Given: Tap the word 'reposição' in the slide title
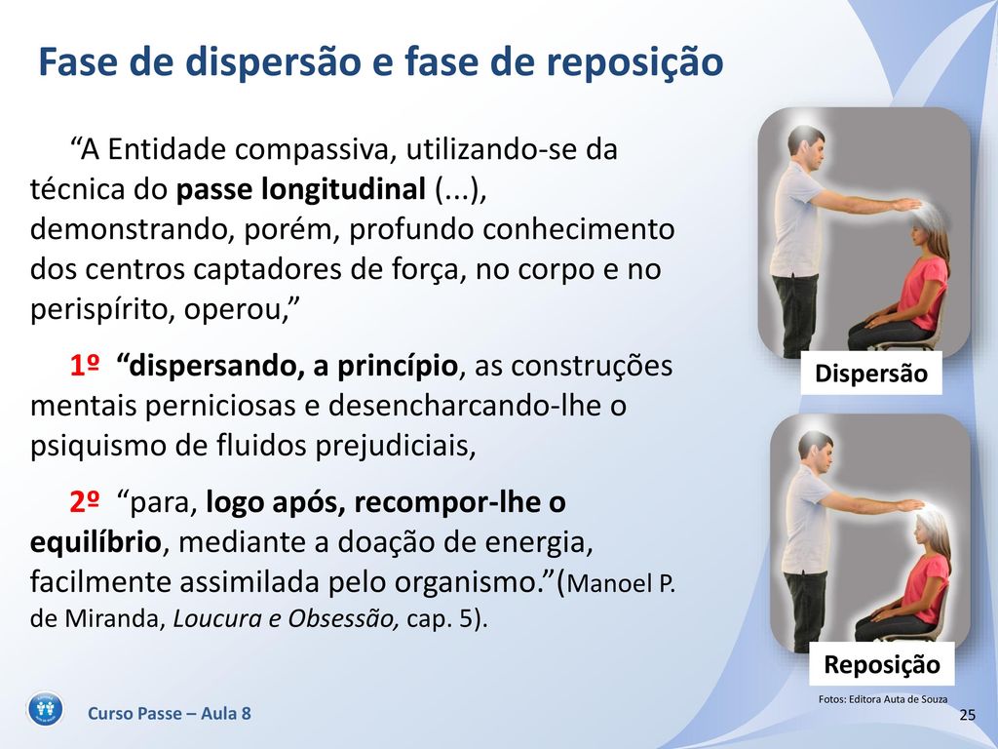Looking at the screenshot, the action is (634, 63).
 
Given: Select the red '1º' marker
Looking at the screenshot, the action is (85, 366).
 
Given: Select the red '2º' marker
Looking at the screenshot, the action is (85, 502).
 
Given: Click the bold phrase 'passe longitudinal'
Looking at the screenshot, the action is (300, 189).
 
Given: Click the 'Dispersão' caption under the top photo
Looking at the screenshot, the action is (871, 374).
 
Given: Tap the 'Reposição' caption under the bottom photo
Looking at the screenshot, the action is (881, 664).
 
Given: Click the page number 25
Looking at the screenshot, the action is (968, 715).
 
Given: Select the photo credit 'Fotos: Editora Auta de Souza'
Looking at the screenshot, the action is (883, 699).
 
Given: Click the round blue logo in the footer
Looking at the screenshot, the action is (46, 709).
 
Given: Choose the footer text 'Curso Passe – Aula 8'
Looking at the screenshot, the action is (170, 713).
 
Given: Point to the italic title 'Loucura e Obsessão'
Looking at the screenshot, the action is (287, 618).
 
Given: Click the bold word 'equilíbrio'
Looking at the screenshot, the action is (96, 542).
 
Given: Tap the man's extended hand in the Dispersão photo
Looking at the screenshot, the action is (902, 205).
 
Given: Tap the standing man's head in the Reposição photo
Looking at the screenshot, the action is (816, 451).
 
